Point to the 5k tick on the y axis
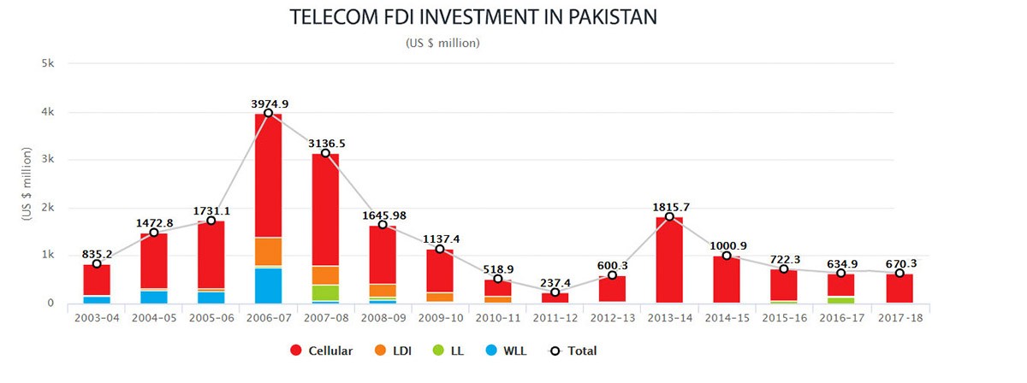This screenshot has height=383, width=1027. coord(48,64)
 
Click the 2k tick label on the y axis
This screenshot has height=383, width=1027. coord(48,208)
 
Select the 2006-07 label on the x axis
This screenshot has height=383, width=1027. coord(268,318)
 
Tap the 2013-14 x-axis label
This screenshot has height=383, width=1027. coord(669,318)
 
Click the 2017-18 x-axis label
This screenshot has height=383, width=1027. coord(899,318)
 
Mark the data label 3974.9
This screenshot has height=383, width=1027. coord(269,103)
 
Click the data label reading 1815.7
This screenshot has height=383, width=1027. coord(670,206)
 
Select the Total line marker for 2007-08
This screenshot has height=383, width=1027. coord(325,153)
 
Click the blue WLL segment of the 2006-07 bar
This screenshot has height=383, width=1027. coord(268,286)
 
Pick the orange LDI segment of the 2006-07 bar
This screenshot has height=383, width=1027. coord(268,252)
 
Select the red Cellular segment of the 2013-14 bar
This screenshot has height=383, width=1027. coord(669,261)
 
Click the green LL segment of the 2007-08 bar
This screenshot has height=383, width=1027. coord(325,292)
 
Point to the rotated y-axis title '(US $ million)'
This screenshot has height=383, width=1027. coord(27,185)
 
